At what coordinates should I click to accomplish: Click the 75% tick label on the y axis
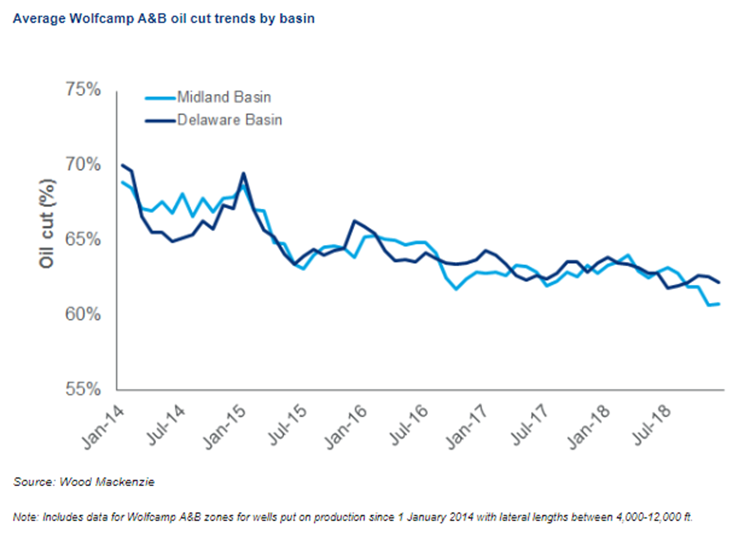83,90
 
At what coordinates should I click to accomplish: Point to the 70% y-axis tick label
83,164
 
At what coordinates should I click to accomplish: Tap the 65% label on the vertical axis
83,239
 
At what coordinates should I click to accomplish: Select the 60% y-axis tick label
83,314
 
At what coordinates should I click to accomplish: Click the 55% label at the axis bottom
83,389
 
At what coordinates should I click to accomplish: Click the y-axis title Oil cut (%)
47,224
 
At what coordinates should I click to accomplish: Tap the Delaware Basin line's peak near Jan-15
243,173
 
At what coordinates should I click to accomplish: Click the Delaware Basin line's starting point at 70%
122,165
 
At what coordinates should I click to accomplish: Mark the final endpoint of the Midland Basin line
719,304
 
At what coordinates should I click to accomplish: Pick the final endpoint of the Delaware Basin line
719,282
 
